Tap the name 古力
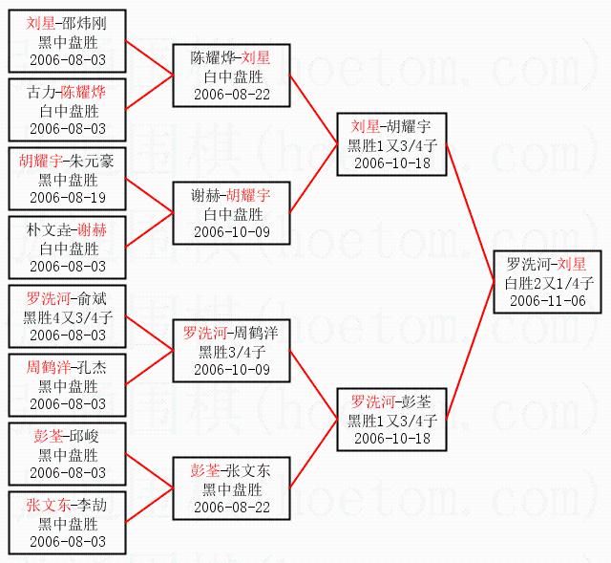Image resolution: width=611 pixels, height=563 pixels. (42, 93)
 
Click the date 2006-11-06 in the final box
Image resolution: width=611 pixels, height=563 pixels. (547, 300)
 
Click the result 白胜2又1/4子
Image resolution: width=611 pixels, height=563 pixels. (547, 282)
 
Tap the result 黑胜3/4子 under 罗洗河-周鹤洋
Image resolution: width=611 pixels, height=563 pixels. (230, 351)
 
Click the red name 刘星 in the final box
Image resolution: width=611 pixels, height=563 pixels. (572, 264)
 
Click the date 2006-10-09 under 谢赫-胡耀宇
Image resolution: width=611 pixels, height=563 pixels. (230, 231)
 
